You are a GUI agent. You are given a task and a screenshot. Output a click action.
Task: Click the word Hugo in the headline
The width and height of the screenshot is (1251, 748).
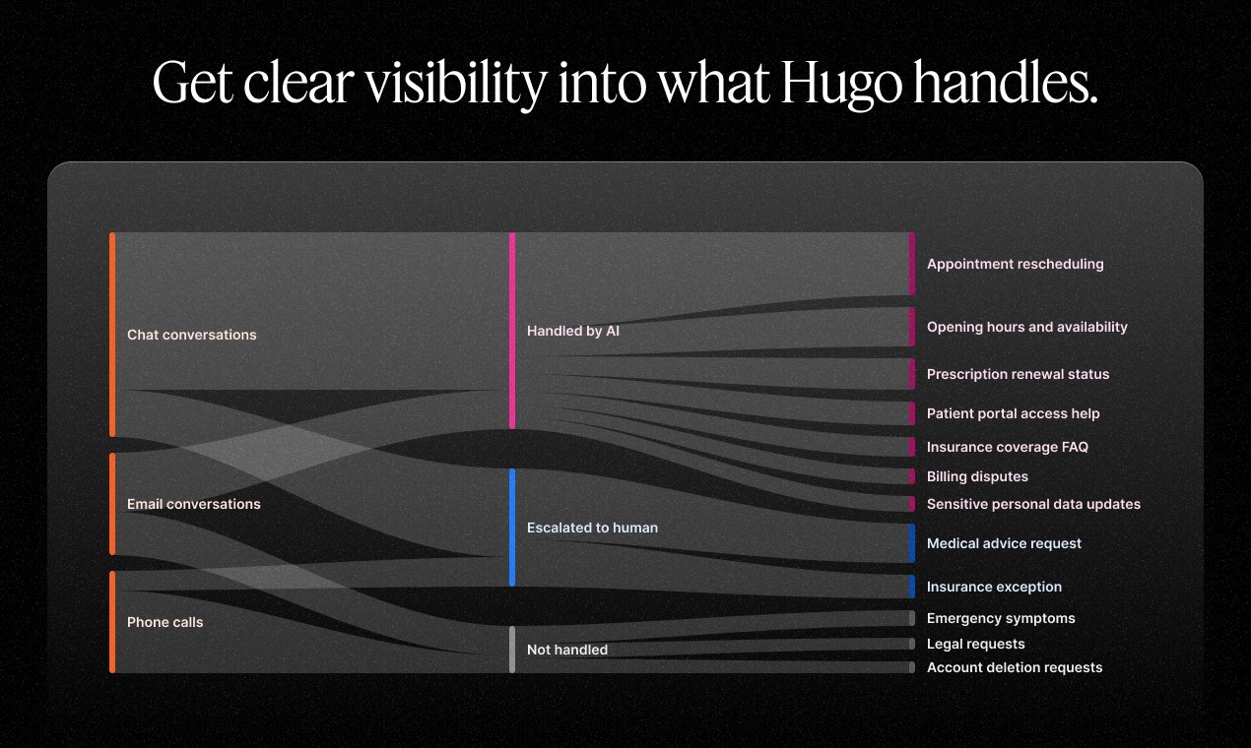(x=840, y=85)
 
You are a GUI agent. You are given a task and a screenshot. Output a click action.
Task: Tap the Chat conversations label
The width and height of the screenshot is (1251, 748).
(x=191, y=335)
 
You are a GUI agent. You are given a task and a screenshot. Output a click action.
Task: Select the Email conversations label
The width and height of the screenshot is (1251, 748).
(x=194, y=504)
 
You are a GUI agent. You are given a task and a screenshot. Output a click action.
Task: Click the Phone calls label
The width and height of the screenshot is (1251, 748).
(x=165, y=622)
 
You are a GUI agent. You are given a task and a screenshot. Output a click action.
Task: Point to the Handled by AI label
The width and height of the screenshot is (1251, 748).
(x=573, y=331)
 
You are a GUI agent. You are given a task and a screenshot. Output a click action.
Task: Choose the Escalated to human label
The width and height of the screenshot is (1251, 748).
(x=592, y=528)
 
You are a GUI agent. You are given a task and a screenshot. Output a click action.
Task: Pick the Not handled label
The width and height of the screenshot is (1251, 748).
(x=567, y=650)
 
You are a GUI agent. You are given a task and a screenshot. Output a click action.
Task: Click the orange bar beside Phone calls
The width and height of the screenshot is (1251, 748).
(x=112, y=622)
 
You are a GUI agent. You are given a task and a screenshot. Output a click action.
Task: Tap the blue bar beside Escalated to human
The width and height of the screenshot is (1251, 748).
(x=512, y=528)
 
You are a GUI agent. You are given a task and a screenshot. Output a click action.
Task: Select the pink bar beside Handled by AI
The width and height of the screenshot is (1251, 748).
(x=512, y=331)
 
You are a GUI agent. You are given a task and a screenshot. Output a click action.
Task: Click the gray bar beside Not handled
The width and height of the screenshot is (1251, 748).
(x=512, y=650)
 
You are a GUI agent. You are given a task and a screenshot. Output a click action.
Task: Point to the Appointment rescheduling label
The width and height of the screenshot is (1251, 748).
(x=1015, y=264)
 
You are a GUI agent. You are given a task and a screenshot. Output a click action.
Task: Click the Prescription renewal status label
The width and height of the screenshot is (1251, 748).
(x=1018, y=374)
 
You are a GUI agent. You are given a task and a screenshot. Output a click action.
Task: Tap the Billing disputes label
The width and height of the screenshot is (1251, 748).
(x=977, y=476)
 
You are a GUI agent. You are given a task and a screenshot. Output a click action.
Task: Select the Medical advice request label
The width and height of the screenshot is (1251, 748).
(x=1004, y=543)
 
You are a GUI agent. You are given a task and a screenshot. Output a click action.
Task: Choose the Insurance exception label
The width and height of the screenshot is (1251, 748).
(x=994, y=587)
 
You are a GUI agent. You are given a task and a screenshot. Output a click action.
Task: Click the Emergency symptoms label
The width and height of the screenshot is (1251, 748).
(x=1001, y=618)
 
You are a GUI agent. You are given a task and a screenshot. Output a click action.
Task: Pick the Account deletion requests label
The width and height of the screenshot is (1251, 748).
(x=1015, y=667)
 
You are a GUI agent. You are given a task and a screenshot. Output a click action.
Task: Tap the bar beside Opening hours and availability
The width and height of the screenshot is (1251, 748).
(x=912, y=327)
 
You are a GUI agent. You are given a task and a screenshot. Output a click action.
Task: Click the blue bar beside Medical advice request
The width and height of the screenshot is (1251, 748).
(x=912, y=543)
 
